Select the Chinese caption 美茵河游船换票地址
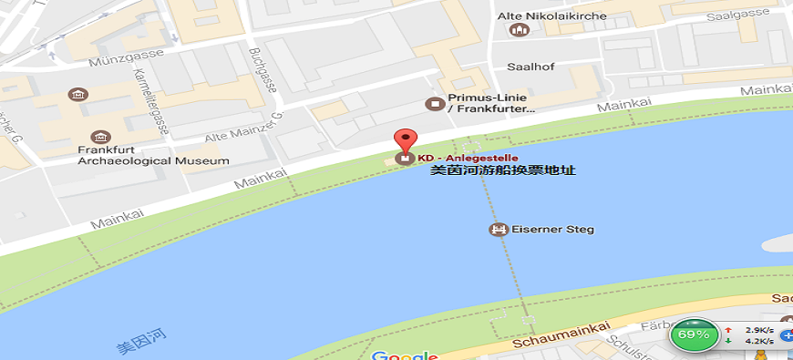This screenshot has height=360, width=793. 503,170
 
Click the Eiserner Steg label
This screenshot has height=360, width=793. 552,229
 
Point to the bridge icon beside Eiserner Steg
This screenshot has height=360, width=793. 498,229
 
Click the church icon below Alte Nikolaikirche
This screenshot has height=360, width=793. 520,32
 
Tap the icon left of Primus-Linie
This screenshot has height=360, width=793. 435,104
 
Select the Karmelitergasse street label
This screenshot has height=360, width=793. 150,101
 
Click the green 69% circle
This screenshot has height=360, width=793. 693,334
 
